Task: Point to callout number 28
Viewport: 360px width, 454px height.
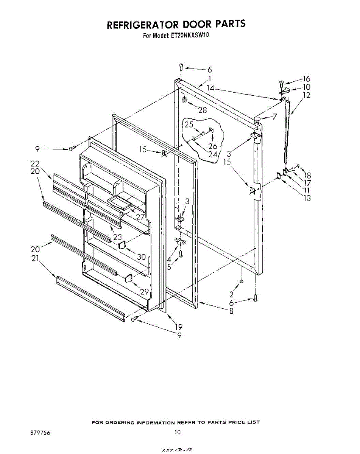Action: (x=203, y=110)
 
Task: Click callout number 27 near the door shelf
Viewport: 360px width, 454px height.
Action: (x=140, y=217)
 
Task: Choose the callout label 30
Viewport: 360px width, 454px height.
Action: (x=141, y=257)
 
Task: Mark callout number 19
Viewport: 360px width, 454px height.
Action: (x=178, y=327)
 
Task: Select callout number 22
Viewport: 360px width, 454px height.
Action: (x=35, y=164)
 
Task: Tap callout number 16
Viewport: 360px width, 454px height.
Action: (x=306, y=79)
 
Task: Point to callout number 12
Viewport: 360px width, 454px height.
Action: (x=307, y=95)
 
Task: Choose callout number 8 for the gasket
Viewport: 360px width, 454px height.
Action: (x=231, y=311)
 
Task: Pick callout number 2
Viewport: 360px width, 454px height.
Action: (x=231, y=294)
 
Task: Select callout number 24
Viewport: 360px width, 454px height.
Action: (x=213, y=154)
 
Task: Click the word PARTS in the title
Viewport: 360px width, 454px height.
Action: (x=231, y=24)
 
